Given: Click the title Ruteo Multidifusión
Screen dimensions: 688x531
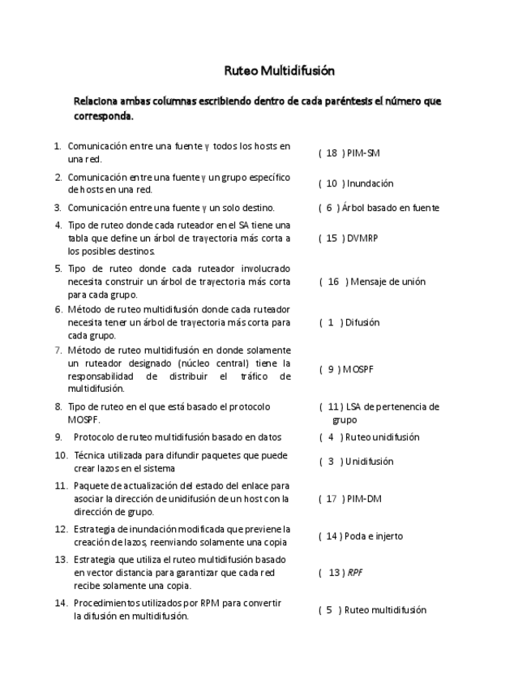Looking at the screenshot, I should click(x=279, y=71).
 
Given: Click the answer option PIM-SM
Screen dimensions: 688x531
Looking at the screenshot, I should click(x=363, y=153).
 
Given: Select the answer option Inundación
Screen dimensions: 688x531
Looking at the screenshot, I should click(x=370, y=183).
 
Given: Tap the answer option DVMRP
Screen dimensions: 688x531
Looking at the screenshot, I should click(x=363, y=239).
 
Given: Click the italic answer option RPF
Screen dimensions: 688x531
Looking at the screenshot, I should click(x=355, y=572).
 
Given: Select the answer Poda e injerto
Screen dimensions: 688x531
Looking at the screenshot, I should click(x=375, y=536).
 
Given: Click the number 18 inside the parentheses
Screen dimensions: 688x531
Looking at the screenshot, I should click(x=332, y=153).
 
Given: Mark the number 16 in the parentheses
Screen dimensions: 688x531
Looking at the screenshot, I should click(x=333, y=282).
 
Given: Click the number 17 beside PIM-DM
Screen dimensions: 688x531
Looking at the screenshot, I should click(x=332, y=499).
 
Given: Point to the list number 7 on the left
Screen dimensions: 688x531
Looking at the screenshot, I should click(x=58, y=350).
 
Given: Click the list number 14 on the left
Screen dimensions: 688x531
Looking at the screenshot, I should click(x=60, y=604).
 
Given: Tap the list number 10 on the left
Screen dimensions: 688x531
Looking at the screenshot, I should click(x=61, y=455).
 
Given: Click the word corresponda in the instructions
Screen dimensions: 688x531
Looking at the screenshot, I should click(x=101, y=116).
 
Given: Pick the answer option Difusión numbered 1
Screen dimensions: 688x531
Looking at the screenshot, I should click(x=362, y=322).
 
